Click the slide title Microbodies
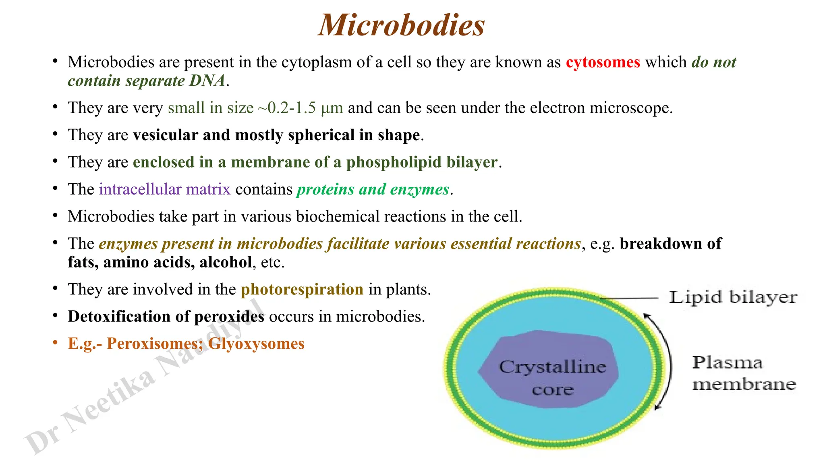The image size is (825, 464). coord(401,25)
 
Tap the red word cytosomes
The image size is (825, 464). coord(603,62)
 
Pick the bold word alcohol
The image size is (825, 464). coord(226,262)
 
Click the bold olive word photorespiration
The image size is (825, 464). coord(302,290)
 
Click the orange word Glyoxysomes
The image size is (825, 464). coord(256,344)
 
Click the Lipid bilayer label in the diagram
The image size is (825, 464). coord(733,298)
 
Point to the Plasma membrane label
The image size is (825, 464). coord(744,373)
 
